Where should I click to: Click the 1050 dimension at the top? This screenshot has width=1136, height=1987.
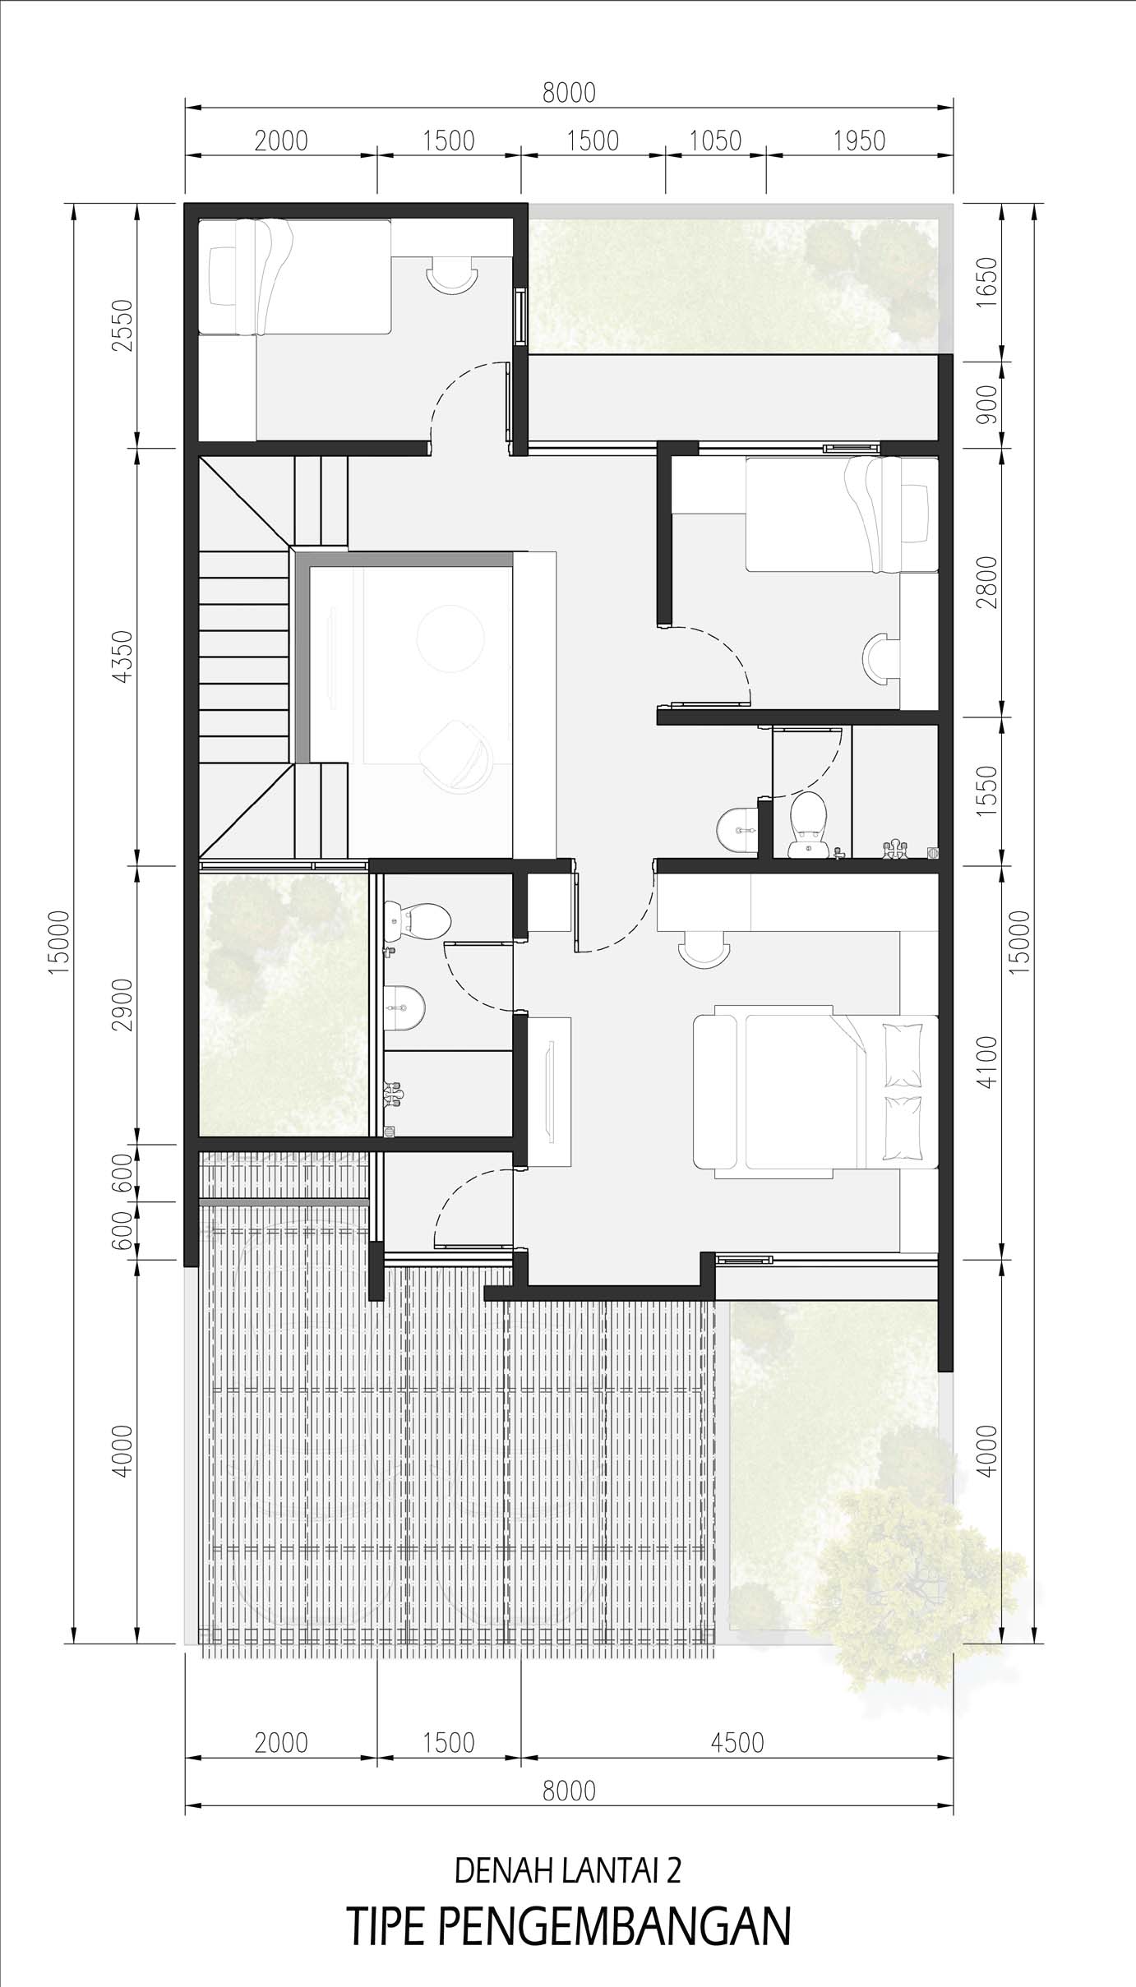tap(715, 141)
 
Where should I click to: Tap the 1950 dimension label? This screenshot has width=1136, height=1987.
tap(859, 141)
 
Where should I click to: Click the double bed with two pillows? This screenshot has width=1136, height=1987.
tap(815, 1091)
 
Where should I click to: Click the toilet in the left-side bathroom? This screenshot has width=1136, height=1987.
tap(418, 920)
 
